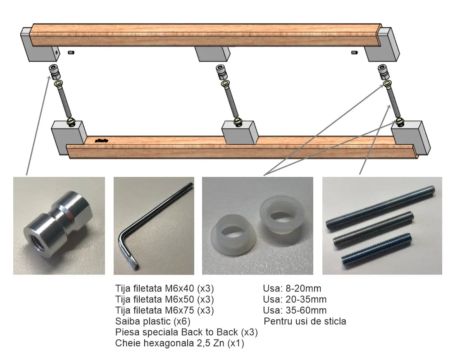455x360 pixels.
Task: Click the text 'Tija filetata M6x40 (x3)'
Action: click(164, 288)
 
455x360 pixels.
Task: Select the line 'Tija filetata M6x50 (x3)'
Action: click(164, 299)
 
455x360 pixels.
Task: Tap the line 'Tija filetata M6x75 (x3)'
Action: click(164, 310)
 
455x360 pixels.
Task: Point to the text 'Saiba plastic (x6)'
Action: click(152, 321)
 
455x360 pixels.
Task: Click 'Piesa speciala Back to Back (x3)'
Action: click(186, 332)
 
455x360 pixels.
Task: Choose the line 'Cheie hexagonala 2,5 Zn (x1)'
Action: click(179, 343)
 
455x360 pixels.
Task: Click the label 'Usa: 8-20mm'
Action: click(292, 288)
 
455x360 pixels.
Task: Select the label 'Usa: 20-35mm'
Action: click(295, 299)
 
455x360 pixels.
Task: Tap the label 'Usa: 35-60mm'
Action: click(295, 310)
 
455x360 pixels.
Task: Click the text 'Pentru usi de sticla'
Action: click(305, 321)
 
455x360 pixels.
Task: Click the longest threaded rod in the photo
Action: click(380, 207)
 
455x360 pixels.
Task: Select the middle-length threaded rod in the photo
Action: click(373, 229)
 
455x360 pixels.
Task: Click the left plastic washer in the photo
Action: click(234, 235)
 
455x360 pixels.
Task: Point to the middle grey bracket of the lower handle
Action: click(240, 132)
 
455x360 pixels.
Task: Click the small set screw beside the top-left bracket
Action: click(71, 52)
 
